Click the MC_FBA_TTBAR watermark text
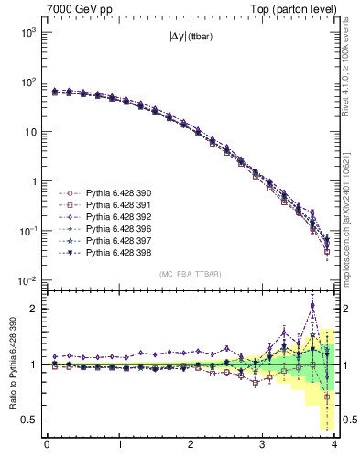[191, 274]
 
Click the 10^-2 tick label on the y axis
[27, 280]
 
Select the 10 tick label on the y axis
[30, 132]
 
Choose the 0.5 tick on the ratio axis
[30, 420]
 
